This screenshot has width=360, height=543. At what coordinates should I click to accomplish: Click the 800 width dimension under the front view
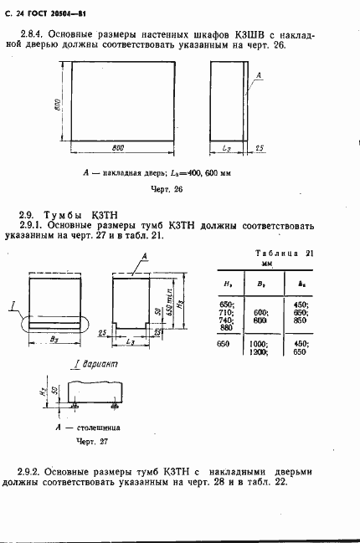[x=118, y=147]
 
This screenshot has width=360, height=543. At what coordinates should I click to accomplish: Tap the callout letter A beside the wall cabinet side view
[x=259, y=75]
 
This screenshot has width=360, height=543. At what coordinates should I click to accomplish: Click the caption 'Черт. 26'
[x=166, y=189]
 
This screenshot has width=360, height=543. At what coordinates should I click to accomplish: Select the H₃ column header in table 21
[x=229, y=284]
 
